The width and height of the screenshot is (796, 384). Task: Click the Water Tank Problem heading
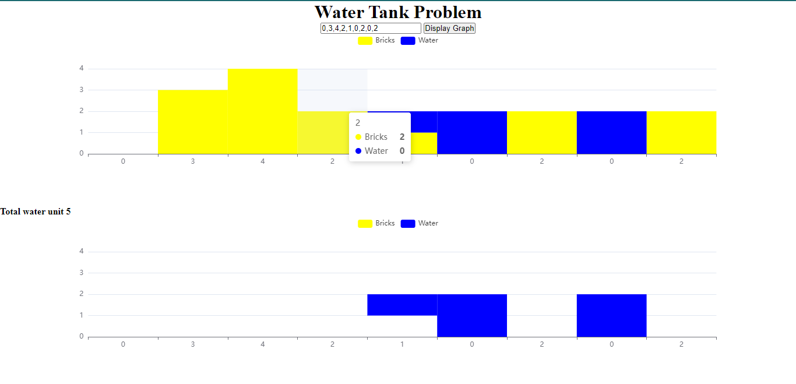tap(398, 12)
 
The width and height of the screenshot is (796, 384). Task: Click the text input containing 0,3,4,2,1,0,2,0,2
tap(371, 28)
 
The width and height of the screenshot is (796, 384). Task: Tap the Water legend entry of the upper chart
tap(420, 40)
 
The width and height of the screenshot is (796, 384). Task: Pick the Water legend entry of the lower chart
tap(420, 223)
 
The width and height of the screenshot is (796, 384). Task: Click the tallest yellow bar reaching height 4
tap(263, 111)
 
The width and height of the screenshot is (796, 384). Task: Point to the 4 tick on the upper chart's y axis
tap(82, 68)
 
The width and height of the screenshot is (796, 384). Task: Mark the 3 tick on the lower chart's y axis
tap(82, 273)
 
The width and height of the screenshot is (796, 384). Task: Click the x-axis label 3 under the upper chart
tap(193, 161)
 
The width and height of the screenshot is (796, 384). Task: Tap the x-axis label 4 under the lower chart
tap(263, 344)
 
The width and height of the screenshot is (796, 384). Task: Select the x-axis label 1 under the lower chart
tap(402, 344)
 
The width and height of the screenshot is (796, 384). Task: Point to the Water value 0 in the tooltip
tap(402, 151)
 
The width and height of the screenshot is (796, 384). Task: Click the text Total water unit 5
tap(36, 212)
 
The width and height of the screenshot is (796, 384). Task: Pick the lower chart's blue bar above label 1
tap(402, 305)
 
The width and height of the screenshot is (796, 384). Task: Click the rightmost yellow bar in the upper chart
tap(681, 132)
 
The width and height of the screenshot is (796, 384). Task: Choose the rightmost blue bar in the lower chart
tap(611, 315)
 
